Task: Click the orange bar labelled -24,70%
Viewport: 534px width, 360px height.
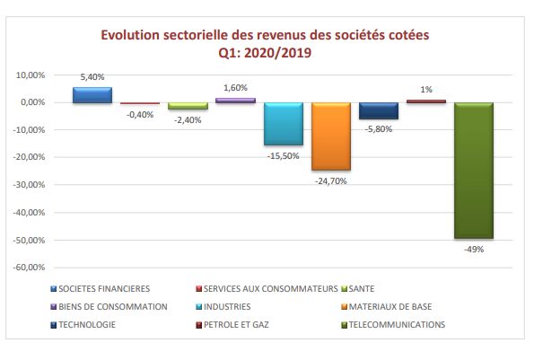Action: [331, 136]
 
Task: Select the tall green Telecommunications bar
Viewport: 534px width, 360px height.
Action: [474, 171]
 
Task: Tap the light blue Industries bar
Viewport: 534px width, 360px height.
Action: [284, 124]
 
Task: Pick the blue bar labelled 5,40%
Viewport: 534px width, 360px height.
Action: [92, 95]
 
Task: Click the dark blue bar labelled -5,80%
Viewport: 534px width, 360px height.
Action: [379, 110]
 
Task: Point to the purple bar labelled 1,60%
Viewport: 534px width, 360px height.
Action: [236, 101]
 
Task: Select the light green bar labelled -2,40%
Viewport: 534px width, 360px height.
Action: [188, 106]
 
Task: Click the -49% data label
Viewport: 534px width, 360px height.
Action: [474, 250]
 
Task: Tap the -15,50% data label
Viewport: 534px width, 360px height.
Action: [283, 156]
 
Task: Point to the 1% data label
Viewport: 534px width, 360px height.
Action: [426, 90]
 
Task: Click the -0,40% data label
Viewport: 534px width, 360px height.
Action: [140, 115]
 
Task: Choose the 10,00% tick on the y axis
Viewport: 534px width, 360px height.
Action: [31, 75]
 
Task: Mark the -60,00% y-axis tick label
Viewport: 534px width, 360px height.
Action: [29, 268]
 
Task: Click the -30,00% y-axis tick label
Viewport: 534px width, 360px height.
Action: [29, 185]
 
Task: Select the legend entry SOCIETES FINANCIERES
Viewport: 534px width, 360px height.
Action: [101, 289]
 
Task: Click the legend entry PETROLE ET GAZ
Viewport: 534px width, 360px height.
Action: [232, 325]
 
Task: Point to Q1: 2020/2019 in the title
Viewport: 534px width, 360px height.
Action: [265, 53]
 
